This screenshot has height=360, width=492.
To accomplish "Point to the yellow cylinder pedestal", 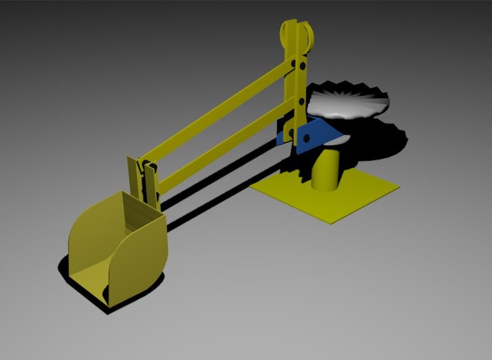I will point(326,170).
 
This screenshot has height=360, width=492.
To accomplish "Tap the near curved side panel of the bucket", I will point(140,264).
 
